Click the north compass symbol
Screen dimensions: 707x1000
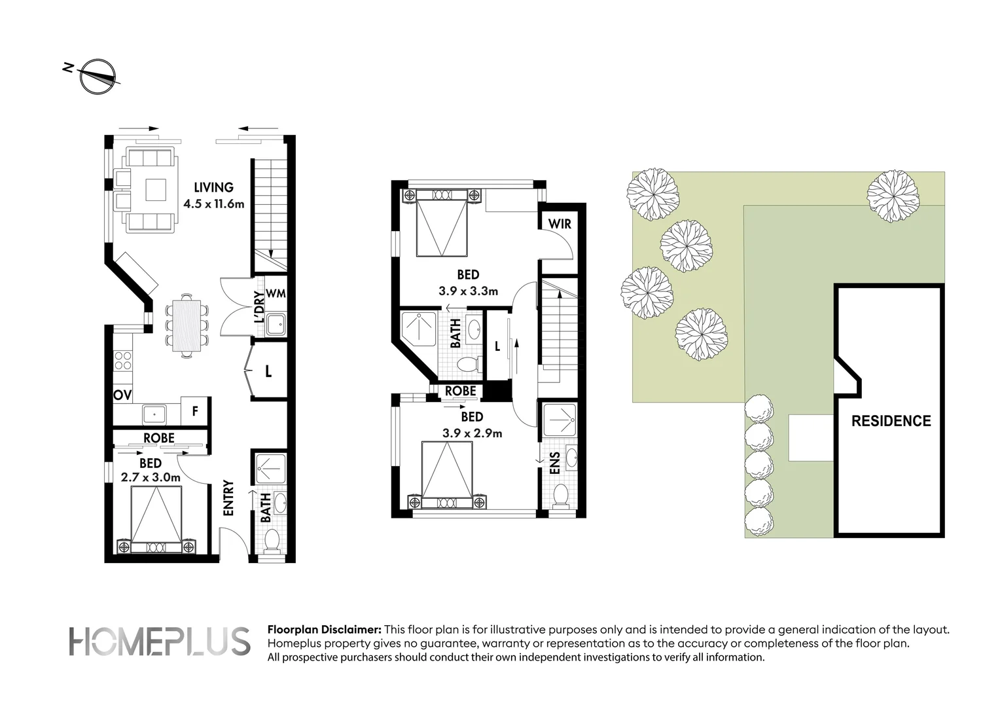point(97,77)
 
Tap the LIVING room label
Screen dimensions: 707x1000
point(213,188)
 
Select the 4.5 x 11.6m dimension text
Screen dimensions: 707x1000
point(213,204)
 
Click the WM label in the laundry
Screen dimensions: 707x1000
point(276,294)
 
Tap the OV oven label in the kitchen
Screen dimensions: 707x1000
point(122,395)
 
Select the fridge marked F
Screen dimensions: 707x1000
point(194,412)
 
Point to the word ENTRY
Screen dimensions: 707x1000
point(228,499)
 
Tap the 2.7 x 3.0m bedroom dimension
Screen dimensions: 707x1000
point(151,477)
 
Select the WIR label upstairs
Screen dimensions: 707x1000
point(560,224)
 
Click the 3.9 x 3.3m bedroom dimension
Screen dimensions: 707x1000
point(468,291)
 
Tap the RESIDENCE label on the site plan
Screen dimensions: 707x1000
point(891,421)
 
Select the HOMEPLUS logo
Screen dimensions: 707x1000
point(159,642)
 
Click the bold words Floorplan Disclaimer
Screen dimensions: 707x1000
point(324,630)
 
